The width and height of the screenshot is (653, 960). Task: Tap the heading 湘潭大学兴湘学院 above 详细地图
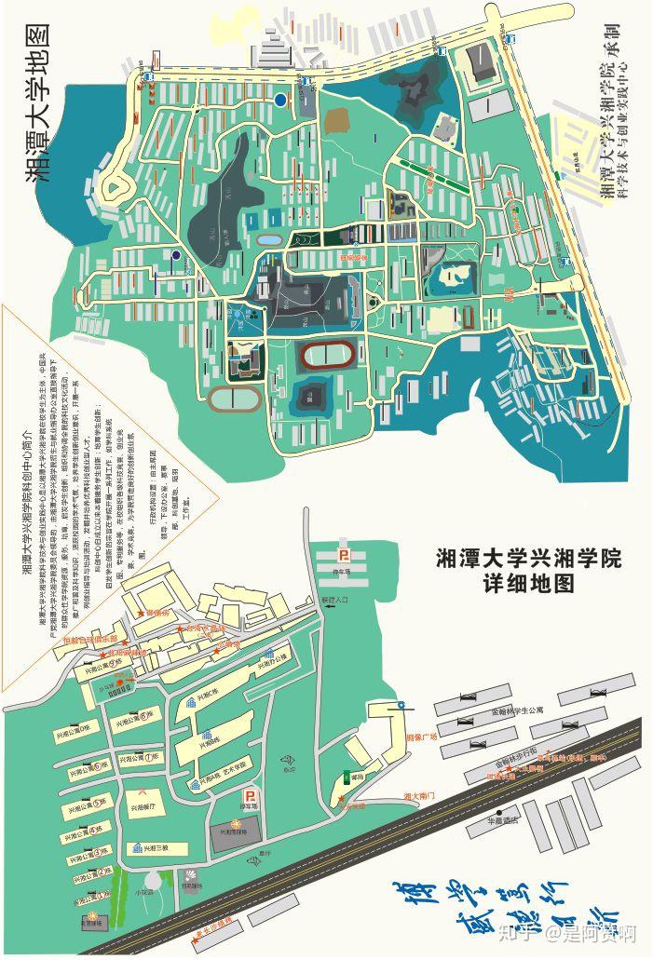[x=528, y=559]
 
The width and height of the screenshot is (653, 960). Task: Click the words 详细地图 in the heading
[x=527, y=585]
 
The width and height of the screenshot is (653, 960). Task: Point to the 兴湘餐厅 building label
[x=152, y=806]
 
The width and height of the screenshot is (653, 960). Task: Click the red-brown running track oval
[x=327, y=355]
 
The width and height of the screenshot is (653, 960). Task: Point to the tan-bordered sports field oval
[x=234, y=399]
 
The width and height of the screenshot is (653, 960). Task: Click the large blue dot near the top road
[x=280, y=99]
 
